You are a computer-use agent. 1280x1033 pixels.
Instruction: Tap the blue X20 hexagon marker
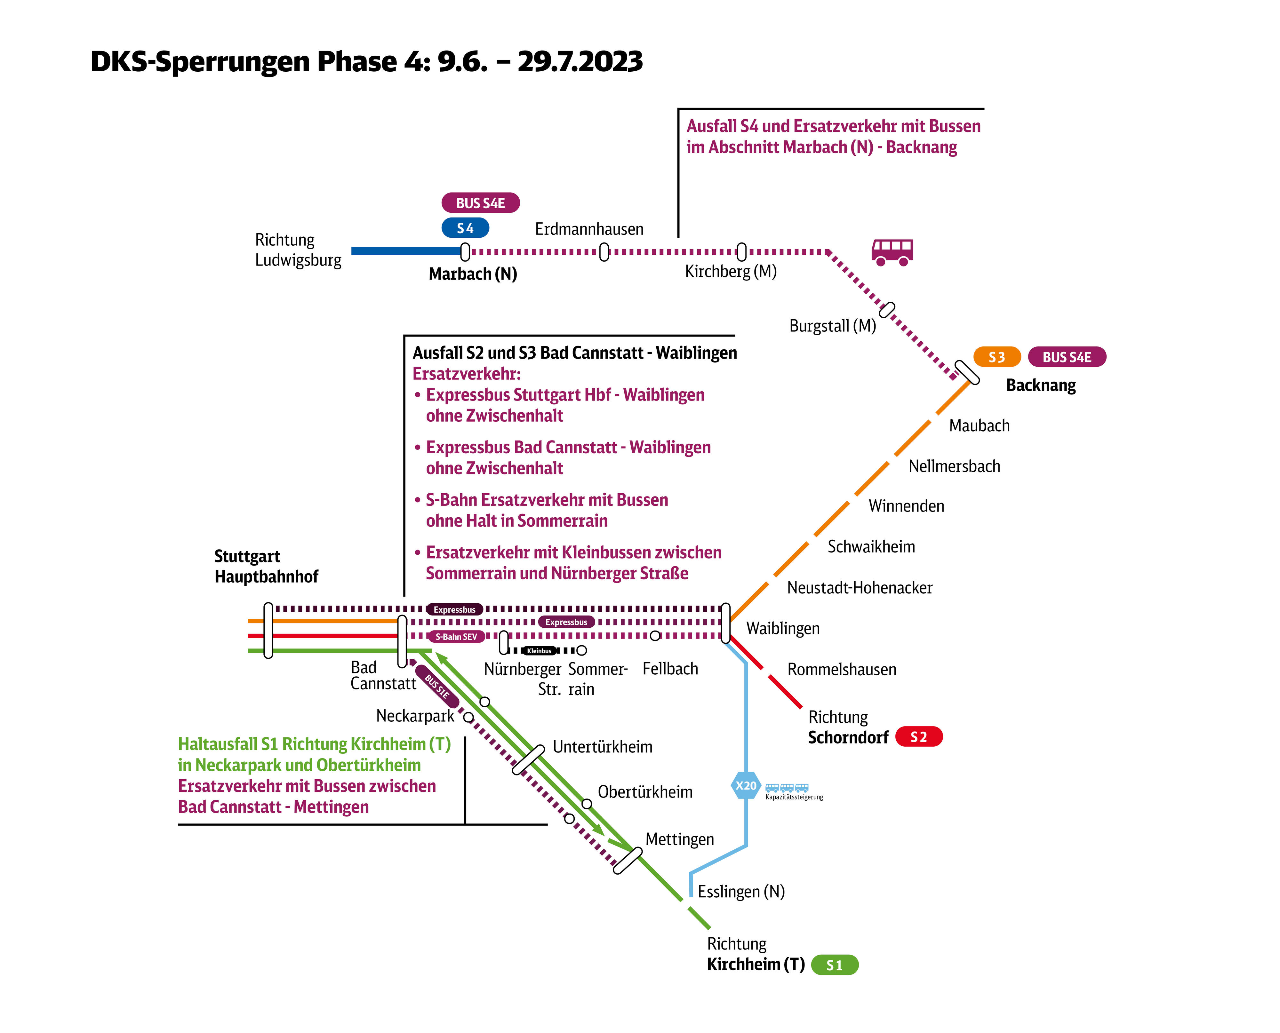coord(746,785)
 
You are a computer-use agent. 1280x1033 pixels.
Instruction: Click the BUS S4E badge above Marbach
coord(480,203)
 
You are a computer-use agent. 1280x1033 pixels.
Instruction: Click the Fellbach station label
coord(670,669)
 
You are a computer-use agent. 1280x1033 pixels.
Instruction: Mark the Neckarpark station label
coord(415,716)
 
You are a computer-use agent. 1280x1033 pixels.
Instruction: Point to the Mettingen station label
coord(680,839)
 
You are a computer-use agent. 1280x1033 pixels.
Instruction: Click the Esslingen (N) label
coord(741,891)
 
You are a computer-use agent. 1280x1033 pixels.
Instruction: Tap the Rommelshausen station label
coord(841,670)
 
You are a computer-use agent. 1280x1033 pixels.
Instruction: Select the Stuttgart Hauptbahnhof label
coord(266,567)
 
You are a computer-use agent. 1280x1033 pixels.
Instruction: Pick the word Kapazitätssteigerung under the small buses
coord(794,797)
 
